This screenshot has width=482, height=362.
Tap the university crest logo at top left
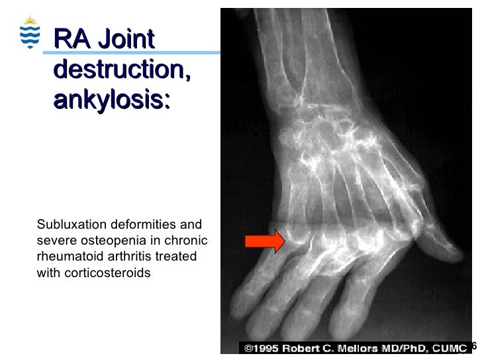click(30, 32)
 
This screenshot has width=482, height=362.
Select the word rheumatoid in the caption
click(69, 256)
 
